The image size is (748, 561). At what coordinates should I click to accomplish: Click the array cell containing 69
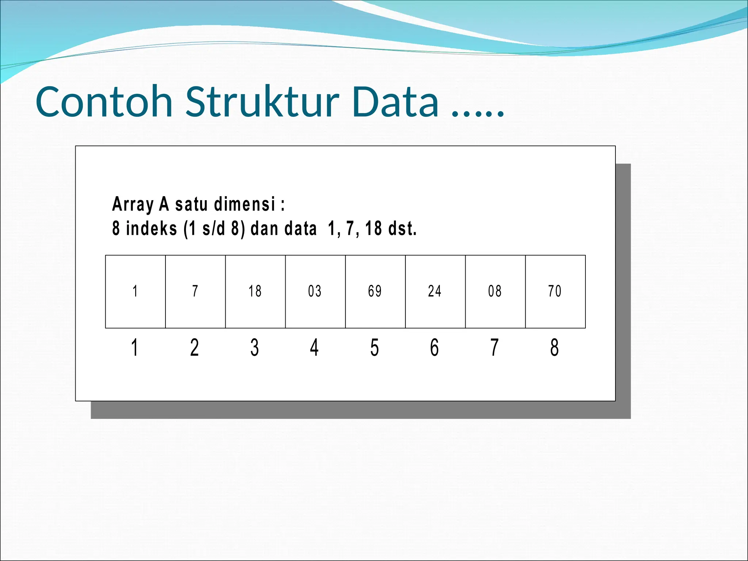[x=375, y=291]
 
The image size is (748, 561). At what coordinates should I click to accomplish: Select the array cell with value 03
[x=315, y=291]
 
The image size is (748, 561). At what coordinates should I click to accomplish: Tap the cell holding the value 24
[x=435, y=291]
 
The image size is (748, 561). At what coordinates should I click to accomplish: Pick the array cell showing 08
[x=495, y=291]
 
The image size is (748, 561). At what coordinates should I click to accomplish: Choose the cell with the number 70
[x=555, y=291]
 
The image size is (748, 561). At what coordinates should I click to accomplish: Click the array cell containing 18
[x=255, y=291]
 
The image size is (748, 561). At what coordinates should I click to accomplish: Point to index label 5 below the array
[x=375, y=347]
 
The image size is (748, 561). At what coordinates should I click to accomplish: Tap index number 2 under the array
[x=195, y=347]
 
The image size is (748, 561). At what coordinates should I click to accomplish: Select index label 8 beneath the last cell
[x=554, y=347]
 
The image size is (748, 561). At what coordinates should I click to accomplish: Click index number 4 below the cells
[x=314, y=347]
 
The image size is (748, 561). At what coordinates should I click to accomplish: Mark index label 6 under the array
[x=435, y=347]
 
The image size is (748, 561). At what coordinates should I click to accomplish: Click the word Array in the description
[x=132, y=204]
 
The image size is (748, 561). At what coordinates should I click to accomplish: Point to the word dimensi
[x=245, y=204]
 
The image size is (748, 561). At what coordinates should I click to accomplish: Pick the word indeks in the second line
[x=152, y=229]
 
